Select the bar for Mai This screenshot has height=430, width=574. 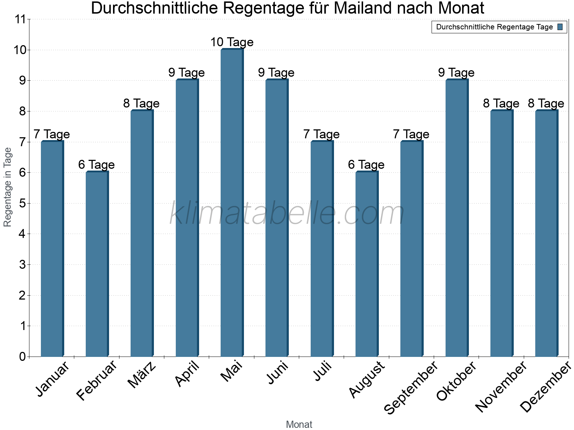[232, 203]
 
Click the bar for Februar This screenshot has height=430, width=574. [97, 264]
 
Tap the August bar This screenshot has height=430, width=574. [367, 264]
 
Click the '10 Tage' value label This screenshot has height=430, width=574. [232, 42]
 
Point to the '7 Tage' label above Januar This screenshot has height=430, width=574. [52, 134]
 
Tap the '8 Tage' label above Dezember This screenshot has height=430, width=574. [546, 104]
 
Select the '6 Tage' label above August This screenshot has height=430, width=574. [366, 165]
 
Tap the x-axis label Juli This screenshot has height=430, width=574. [323, 371]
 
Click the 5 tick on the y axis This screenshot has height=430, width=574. [23, 204]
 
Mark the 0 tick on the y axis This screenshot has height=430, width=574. [23, 357]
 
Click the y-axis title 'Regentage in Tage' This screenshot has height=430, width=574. [8, 187]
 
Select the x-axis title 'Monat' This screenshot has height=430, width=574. [299, 424]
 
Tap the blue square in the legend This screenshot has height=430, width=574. [560, 27]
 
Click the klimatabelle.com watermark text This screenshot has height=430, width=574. [287, 214]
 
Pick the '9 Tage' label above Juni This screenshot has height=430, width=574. [276, 73]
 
